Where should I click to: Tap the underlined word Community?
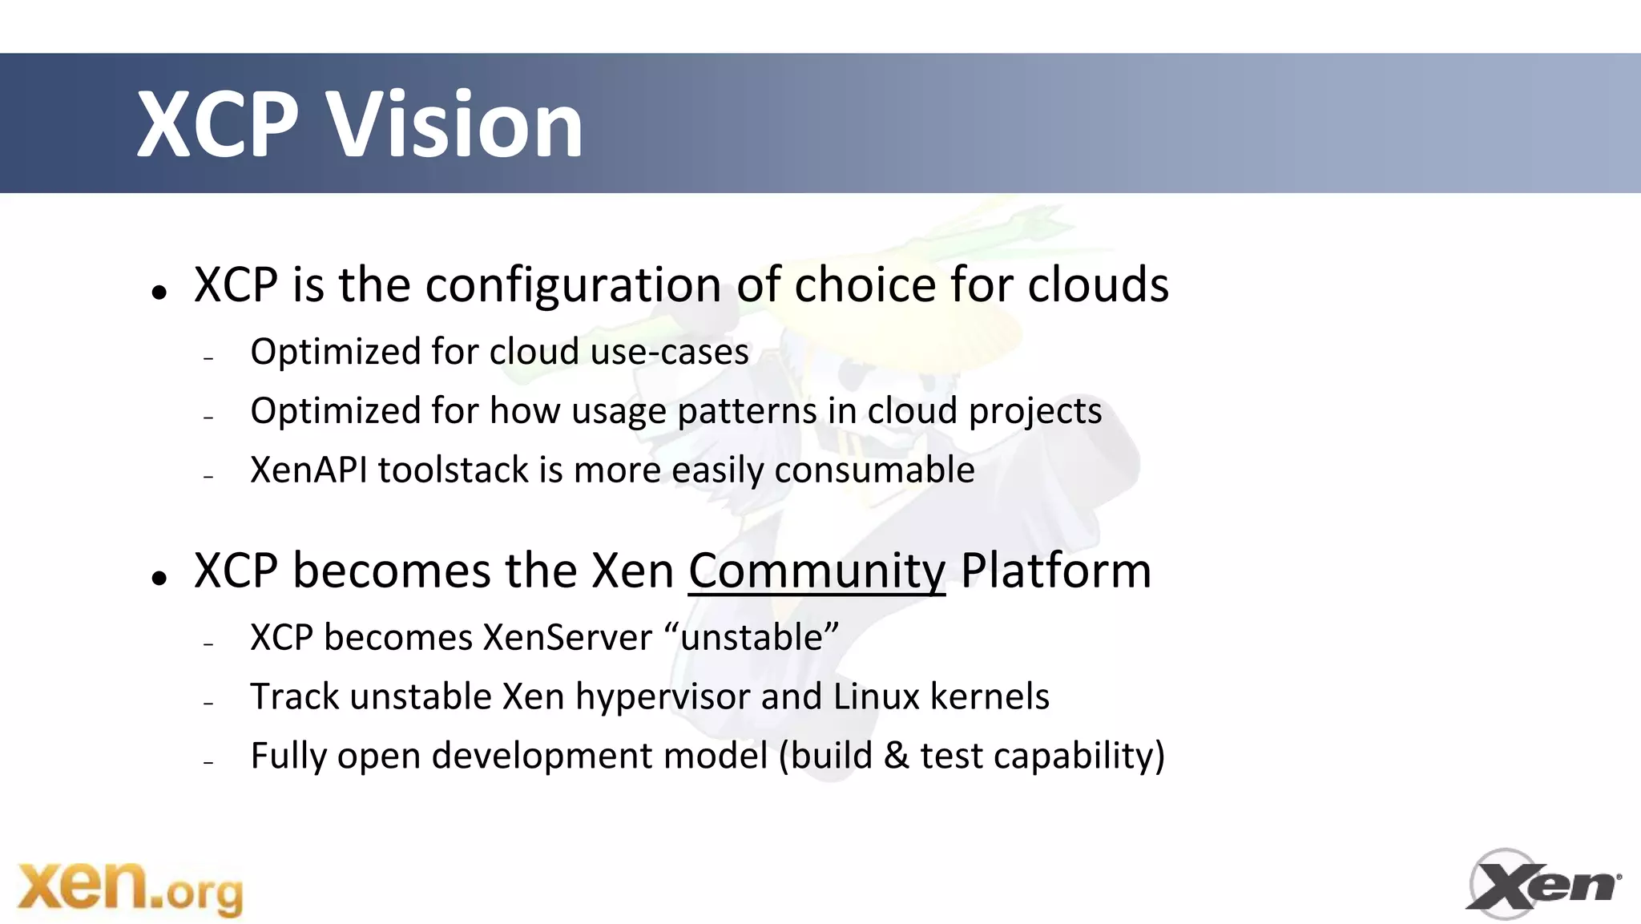[x=816, y=571]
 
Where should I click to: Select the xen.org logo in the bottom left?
[x=131, y=887]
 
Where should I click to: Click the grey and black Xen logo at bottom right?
[x=1542, y=884]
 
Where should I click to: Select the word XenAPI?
[x=308, y=470]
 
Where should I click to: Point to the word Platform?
[x=1055, y=571]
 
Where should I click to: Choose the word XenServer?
[x=567, y=638]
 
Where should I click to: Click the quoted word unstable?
[x=751, y=638]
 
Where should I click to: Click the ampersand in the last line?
[x=896, y=756]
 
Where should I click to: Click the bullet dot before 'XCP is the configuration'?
[x=159, y=293]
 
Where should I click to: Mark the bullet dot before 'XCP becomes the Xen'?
[x=159, y=579]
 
